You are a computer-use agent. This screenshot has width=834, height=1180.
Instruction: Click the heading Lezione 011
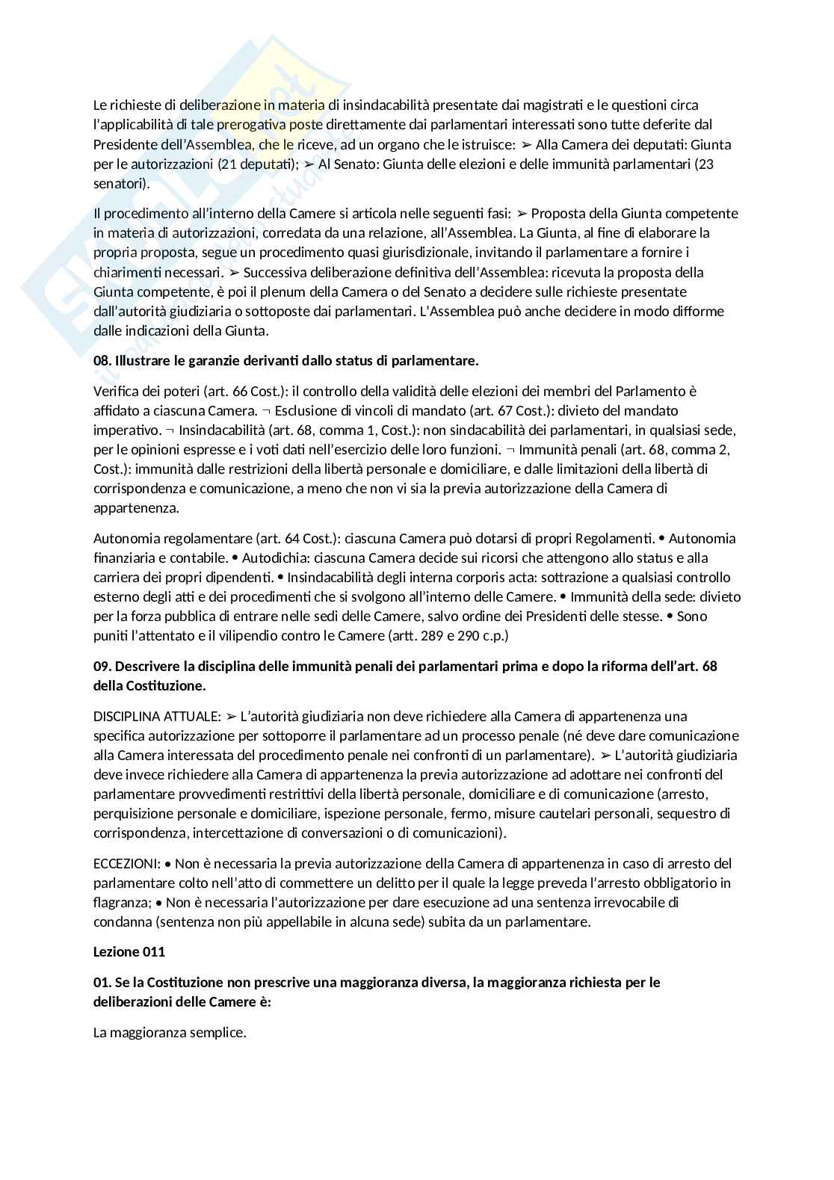pos(129,951)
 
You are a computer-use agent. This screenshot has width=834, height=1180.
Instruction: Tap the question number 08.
pos(102,361)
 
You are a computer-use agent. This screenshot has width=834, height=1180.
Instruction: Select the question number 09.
pos(102,666)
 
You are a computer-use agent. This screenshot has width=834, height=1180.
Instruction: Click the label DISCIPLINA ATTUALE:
pos(157,716)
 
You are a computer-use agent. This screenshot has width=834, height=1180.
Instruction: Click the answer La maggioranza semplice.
pos(170,1033)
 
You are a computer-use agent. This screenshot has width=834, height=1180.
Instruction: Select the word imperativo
pos(125,430)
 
